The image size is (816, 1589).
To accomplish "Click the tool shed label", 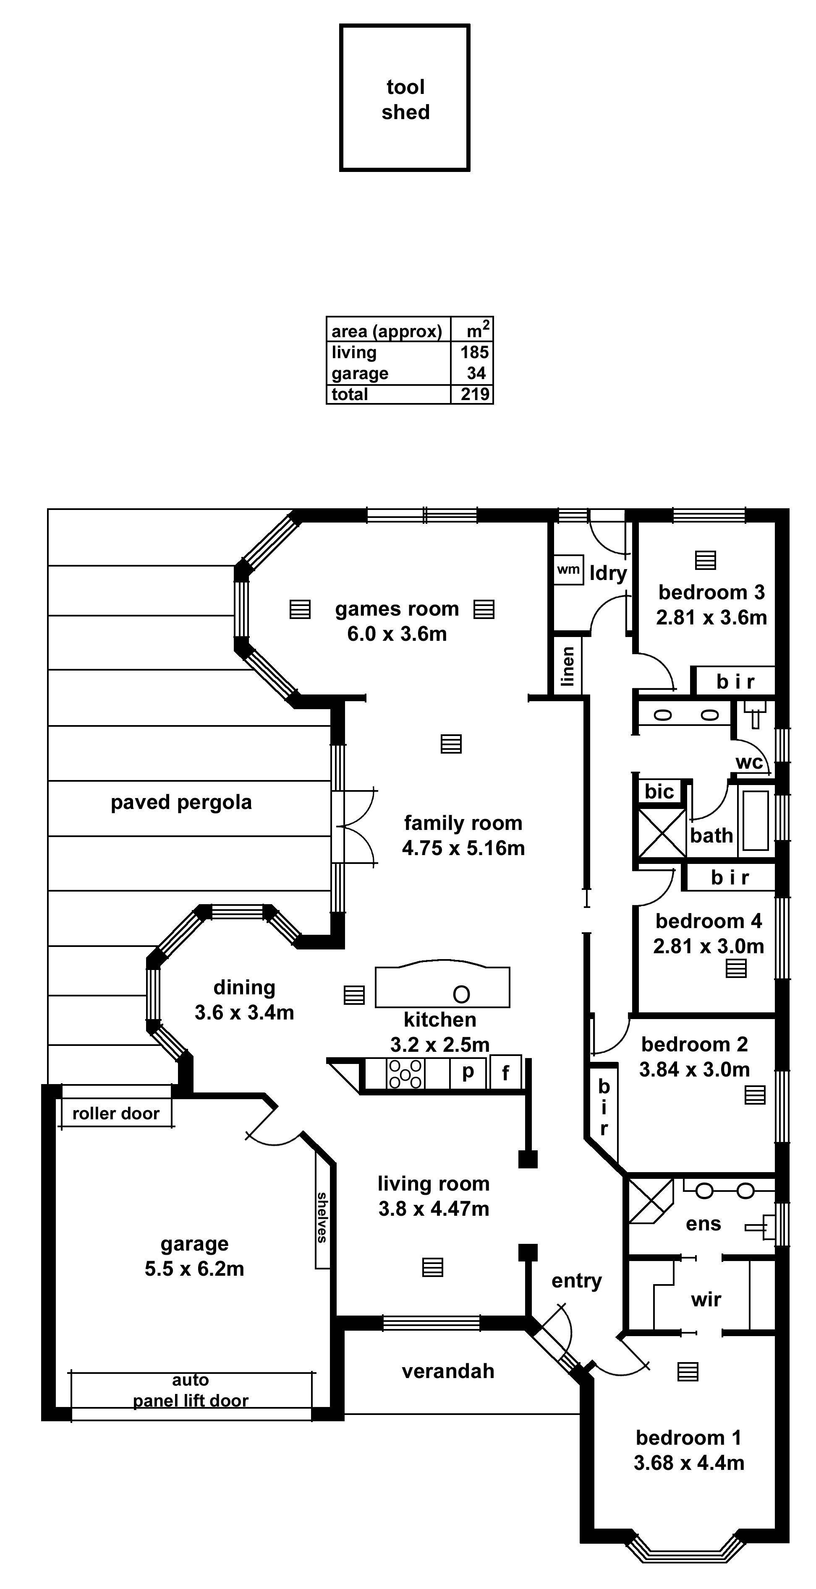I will [x=405, y=99].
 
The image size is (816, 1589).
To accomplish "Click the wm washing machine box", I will [x=568, y=570].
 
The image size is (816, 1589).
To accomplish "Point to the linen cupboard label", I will [x=567, y=666].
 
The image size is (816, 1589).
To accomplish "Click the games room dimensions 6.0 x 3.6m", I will [x=397, y=634].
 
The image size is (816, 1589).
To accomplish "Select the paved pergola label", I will [x=181, y=802].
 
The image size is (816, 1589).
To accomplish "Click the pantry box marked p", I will [x=468, y=1073].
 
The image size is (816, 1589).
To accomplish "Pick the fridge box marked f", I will [x=505, y=1073].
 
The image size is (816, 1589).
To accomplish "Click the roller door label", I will [x=115, y=1113].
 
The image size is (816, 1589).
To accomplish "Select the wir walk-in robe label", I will [x=706, y=1300].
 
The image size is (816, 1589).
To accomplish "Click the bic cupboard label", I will [x=659, y=791].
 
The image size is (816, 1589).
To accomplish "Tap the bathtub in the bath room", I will [x=756, y=820].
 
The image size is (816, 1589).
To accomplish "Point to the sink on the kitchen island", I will [x=461, y=994].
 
